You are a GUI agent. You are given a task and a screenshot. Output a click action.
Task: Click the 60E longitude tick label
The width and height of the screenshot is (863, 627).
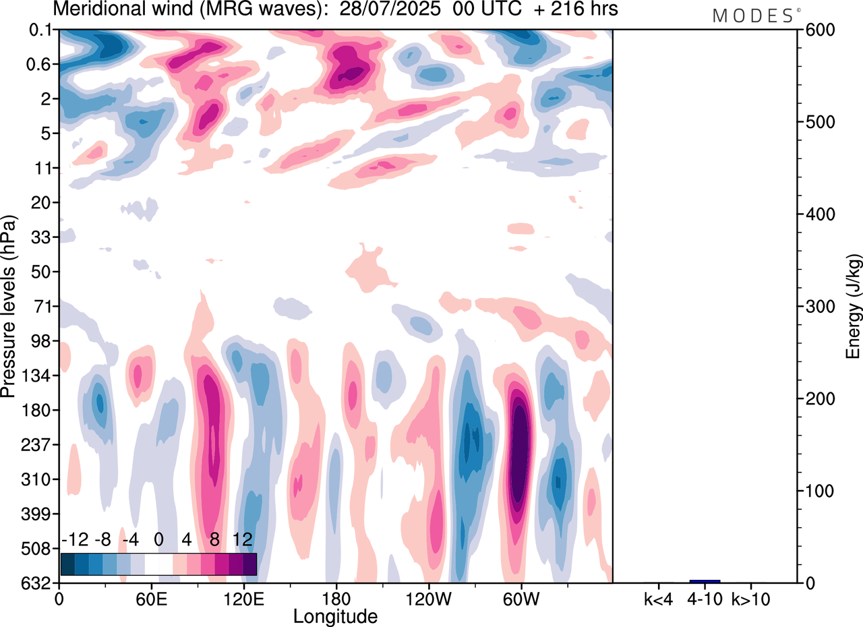151,598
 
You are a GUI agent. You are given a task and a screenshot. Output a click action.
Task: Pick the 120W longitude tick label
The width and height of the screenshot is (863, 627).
427,598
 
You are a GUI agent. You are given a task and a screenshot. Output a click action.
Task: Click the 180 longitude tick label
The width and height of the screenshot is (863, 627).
336,598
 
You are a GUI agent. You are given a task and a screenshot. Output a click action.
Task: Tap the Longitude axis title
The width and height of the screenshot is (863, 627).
335,616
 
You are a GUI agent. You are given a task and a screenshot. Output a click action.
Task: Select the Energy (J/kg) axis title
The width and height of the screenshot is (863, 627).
854,306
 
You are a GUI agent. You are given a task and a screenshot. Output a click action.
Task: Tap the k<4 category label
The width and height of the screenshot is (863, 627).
658,598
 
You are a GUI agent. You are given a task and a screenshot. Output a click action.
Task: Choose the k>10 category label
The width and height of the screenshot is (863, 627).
751,598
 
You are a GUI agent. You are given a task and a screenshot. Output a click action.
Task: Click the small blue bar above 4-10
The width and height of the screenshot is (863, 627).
705,580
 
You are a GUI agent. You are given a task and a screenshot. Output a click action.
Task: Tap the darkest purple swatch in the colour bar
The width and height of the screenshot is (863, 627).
249,564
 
